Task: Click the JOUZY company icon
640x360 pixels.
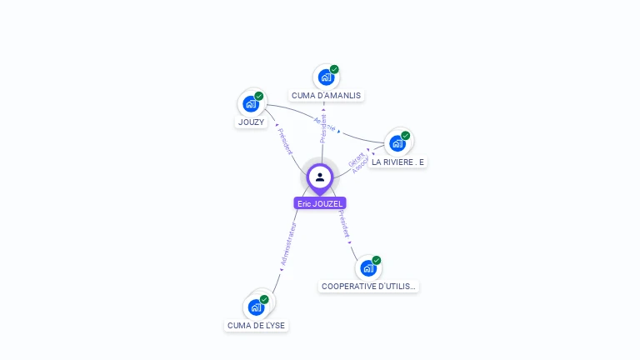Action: (250, 104)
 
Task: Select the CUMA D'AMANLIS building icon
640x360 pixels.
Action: (326, 77)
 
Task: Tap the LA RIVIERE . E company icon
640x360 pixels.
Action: (397, 143)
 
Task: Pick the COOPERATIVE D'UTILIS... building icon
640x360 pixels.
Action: (368, 268)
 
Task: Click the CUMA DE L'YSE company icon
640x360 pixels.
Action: (256, 307)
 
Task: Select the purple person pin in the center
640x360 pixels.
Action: (320, 177)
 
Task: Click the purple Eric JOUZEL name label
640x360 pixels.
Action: (320, 203)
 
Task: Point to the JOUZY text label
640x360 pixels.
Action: (251, 122)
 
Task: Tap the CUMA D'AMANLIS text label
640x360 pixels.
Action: (326, 96)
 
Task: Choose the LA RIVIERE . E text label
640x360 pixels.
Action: (397, 162)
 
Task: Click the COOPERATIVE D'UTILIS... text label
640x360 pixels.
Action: (368, 287)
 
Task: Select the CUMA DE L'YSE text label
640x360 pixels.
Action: (256, 325)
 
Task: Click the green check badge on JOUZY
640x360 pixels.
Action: (259, 97)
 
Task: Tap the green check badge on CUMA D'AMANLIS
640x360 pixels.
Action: (334, 70)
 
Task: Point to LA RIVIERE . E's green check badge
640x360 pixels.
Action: (406, 136)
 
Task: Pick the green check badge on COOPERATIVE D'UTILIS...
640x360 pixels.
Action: (377, 261)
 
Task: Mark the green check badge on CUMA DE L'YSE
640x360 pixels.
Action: (264, 299)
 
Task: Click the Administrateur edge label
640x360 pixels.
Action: (288, 243)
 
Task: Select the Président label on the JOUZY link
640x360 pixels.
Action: (285, 142)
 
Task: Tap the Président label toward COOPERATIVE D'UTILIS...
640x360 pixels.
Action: (344, 224)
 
